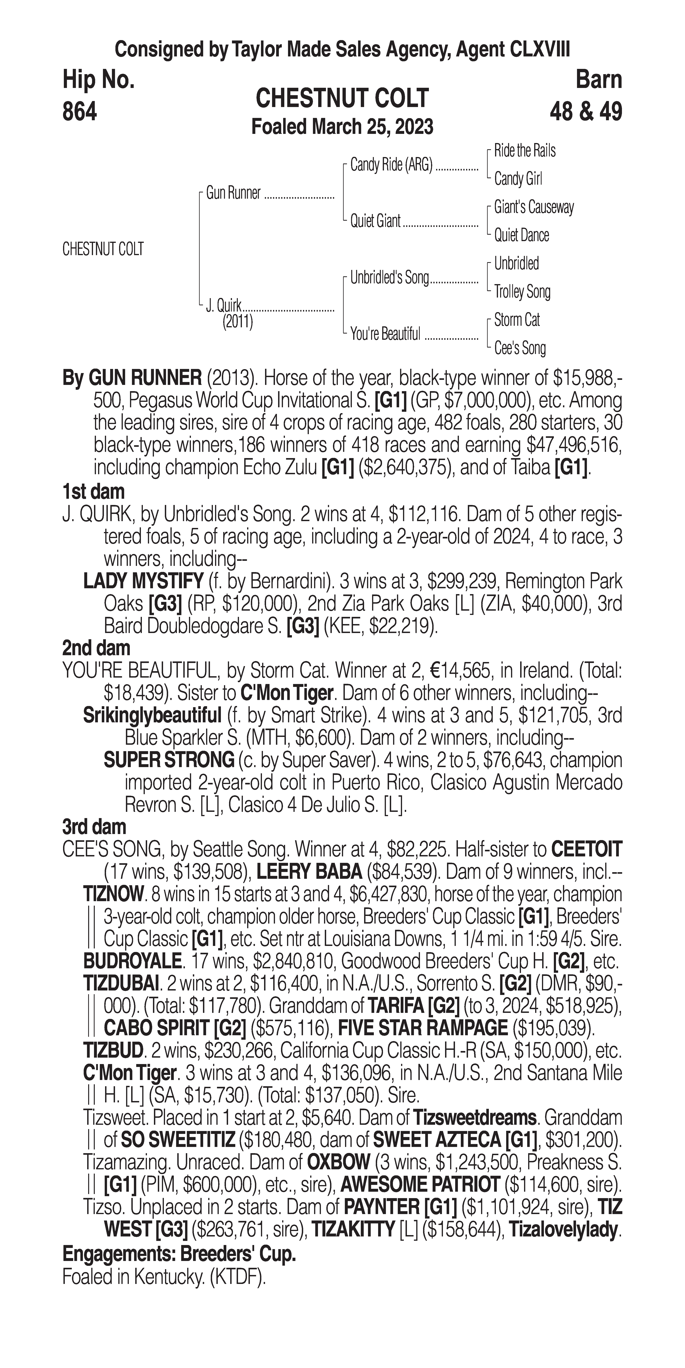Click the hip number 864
click(80, 112)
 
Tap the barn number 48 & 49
click(586, 112)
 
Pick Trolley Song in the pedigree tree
click(522, 292)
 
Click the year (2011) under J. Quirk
click(237, 322)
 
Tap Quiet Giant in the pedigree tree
click(375, 221)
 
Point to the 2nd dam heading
click(96, 648)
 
